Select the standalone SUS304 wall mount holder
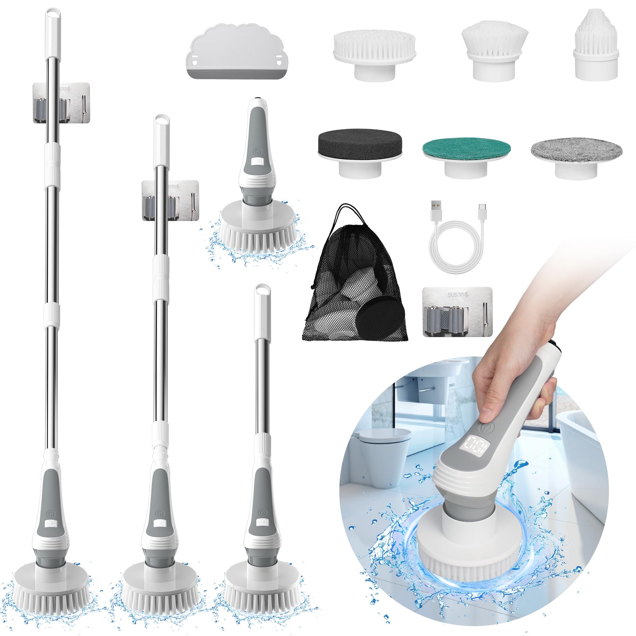click(x=458, y=311)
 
